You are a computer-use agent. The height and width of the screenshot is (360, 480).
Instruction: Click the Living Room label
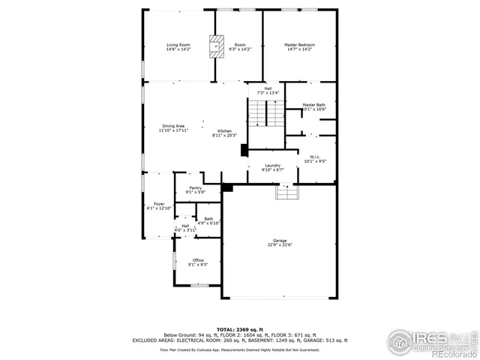(178, 46)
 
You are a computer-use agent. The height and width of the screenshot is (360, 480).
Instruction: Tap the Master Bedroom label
(299, 46)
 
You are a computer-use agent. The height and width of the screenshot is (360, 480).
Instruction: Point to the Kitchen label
(224, 130)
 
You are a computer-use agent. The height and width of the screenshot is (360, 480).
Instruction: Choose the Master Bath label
(314, 105)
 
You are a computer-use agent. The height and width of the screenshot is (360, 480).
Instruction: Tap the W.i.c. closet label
(315, 157)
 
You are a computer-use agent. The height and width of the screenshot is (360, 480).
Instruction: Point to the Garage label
(280, 239)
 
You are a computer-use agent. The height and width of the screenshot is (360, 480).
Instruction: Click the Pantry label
(195, 188)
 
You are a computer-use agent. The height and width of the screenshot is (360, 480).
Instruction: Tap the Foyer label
(159, 204)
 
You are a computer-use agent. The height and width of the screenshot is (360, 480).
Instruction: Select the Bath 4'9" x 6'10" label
(208, 219)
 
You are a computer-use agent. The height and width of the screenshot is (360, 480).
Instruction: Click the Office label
(198, 260)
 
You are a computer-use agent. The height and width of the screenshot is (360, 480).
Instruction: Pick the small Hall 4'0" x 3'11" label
(185, 226)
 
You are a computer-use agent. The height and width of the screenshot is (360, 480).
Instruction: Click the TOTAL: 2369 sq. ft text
(240, 329)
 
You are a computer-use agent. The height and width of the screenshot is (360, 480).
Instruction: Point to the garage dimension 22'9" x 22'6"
(280, 244)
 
